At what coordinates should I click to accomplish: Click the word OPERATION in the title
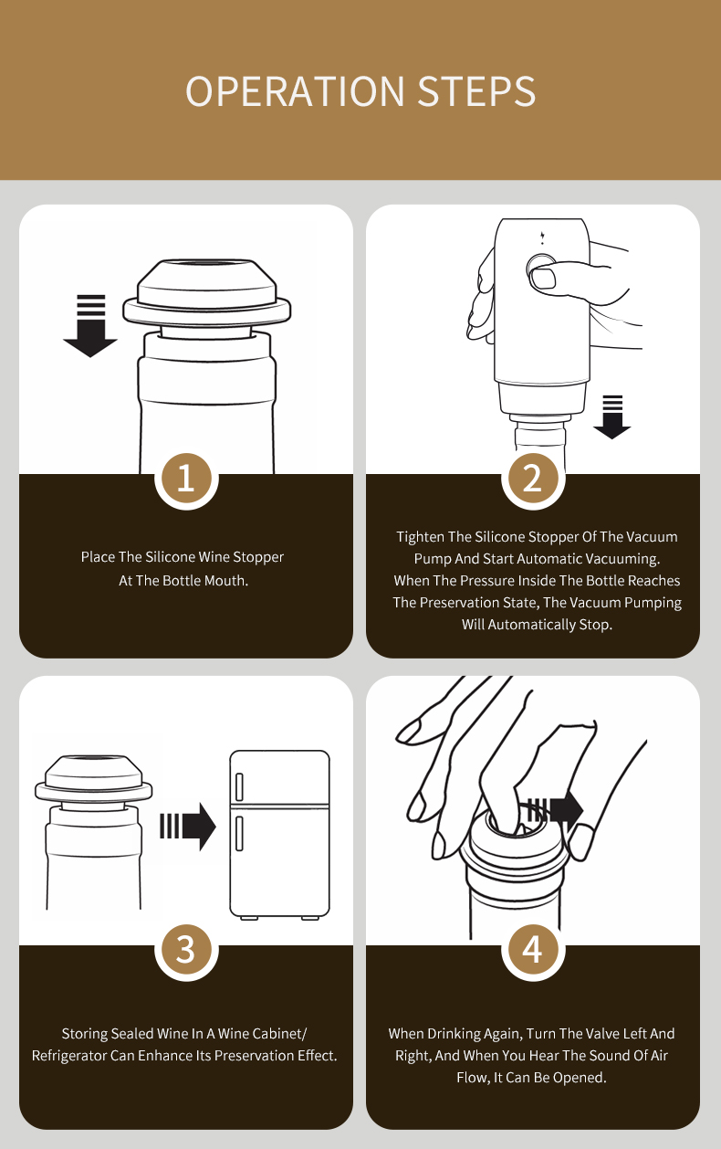[x=295, y=91]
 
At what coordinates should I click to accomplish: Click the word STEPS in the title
[x=476, y=91]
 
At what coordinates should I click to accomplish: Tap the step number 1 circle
[x=186, y=480]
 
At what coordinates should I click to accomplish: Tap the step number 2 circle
[x=533, y=480]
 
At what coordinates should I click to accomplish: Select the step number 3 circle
[x=186, y=950]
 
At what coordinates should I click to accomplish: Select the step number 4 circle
[x=533, y=950]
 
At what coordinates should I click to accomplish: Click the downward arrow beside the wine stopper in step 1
[x=90, y=326]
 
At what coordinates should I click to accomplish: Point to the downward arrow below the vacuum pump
[x=612, y=417]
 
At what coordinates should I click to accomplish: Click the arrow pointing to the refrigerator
[x=188, y=827]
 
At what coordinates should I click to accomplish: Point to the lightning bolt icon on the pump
[x=543, y=237]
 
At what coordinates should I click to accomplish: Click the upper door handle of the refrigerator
[x=239, y=787]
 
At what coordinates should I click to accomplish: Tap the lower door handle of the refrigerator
[x=239, y=834]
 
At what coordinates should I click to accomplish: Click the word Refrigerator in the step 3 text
[x=69, y=1056]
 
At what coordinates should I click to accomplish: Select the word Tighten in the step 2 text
[x=420, y=537]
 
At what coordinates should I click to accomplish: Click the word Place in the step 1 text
[x=98, y=557]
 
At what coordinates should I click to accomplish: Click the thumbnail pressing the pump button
[x=543, y=279]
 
